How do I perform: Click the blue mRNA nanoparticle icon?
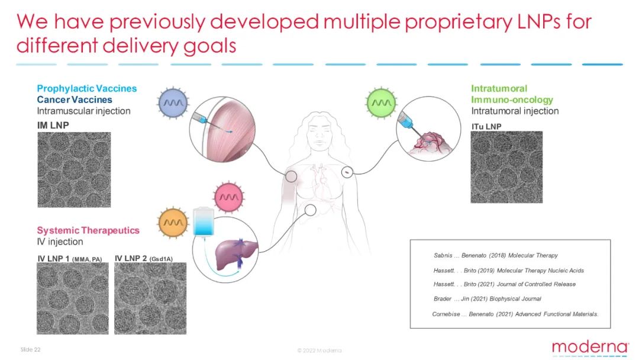(173, 103)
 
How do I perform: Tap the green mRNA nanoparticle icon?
(381, 102)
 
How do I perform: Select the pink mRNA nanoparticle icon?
(228, 197)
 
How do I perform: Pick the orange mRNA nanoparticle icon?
(173, 223)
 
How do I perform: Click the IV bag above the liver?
(204, 221)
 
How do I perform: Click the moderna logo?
(590, 348)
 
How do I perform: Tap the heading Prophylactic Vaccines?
(87, 88)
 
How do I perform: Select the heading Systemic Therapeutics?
(88, 230)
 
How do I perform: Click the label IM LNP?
(53, 125)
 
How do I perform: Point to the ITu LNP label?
(486, 126)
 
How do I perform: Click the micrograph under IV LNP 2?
(150, 298)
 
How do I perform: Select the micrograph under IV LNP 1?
(73, 298)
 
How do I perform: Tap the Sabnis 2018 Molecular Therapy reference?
(496, 255)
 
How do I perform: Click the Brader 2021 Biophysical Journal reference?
(488, 299)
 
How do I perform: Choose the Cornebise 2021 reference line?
(515, 314)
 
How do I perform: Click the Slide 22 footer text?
(31, 349)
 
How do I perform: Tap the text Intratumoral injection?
(515, 111)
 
